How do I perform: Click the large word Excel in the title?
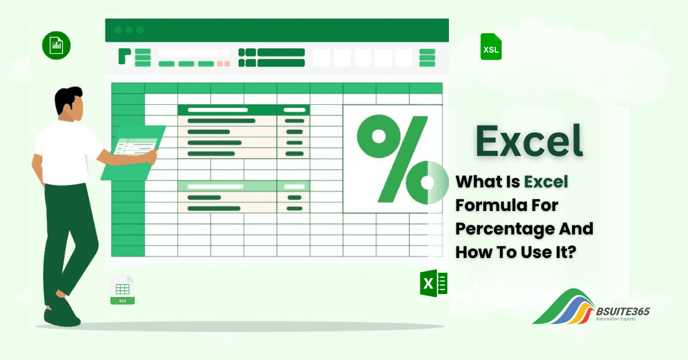[x=529, y=140]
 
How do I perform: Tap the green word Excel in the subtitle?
[x=545, y=182]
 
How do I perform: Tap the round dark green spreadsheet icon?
[x=56, y=45]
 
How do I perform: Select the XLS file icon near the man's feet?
[x=122, y=289]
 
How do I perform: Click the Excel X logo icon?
[x=433, y=283]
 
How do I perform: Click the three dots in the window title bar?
[x=128, y=30]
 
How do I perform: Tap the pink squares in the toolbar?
[x=223, y=64]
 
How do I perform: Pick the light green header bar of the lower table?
[x=243, y=186]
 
